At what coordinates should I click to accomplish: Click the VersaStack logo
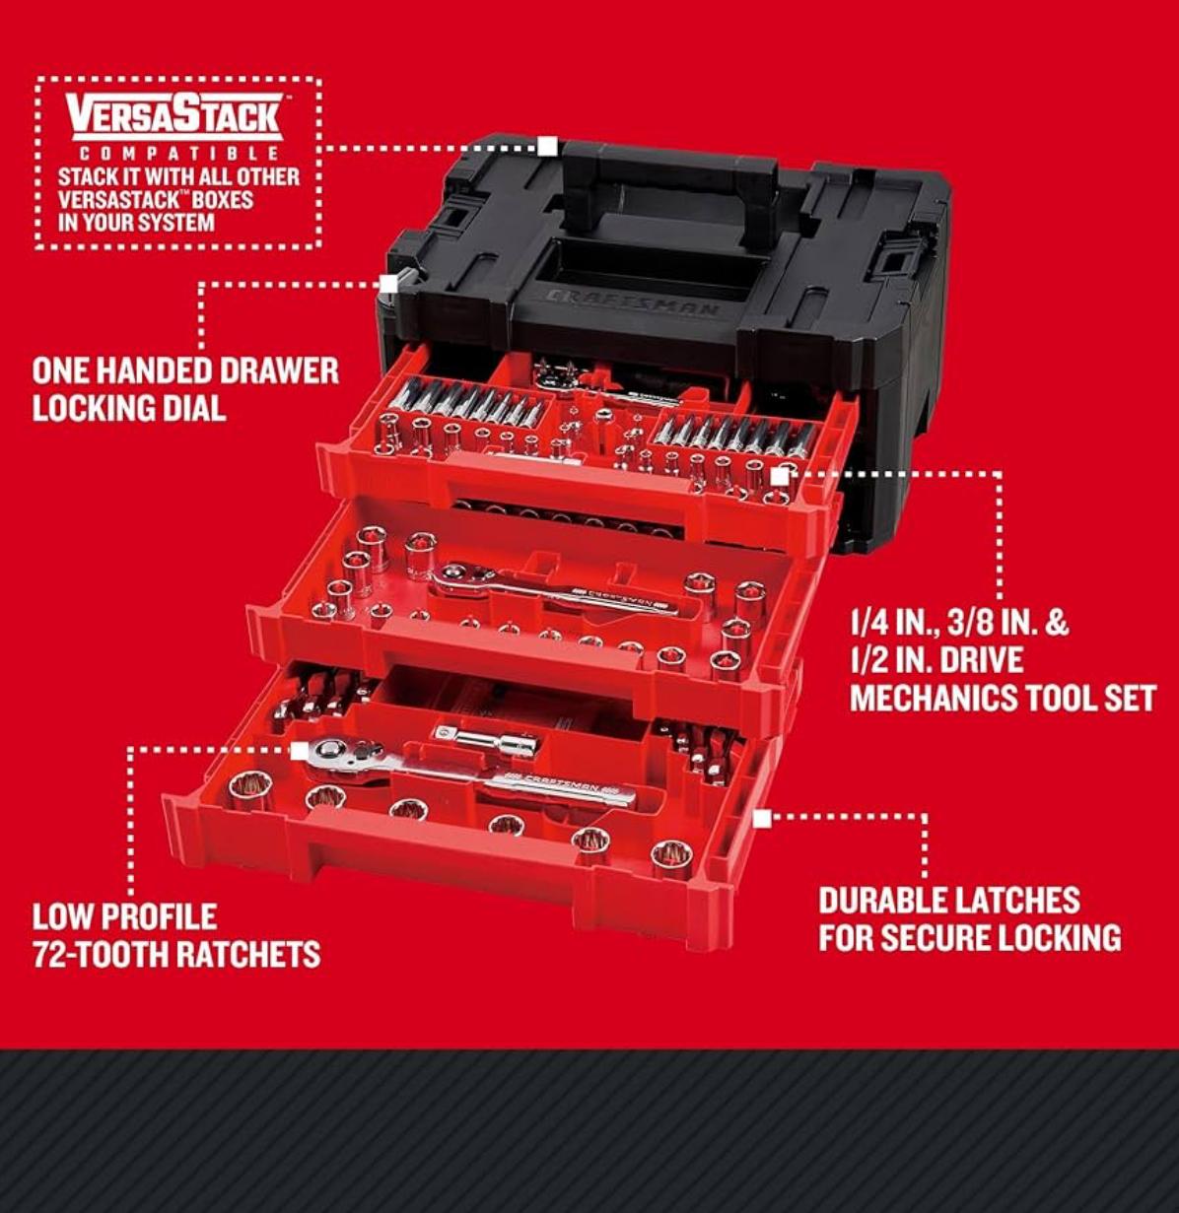tap(177, 117)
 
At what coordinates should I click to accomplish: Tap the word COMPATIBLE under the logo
tap(177, 154)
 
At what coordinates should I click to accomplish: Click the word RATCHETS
tap(242, 954)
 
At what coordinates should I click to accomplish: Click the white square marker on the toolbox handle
tap(547, 147)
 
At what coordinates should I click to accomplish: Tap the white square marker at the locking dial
tap(388, 284)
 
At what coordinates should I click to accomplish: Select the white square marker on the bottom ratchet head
tap(300, 751)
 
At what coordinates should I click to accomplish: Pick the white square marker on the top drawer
tap(780, 476)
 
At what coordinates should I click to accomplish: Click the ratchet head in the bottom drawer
tap(346, 758)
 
